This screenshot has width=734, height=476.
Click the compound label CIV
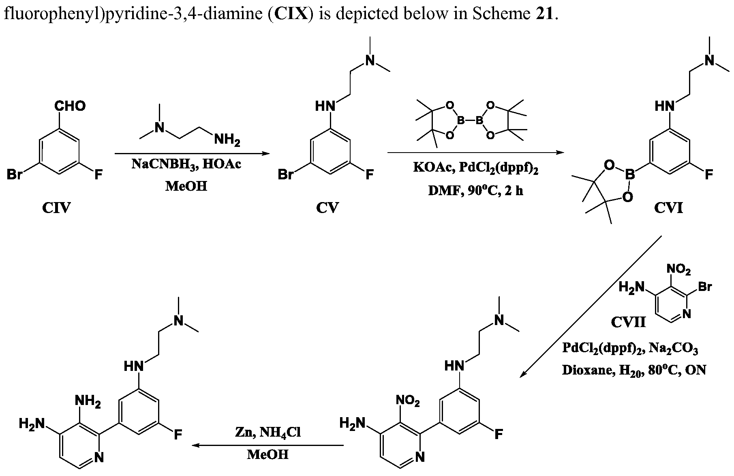56,208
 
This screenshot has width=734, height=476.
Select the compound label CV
327,208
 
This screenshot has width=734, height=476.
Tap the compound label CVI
668,208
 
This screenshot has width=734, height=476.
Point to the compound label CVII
628,322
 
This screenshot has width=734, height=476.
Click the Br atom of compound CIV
15,175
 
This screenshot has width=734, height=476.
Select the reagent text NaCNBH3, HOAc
186,164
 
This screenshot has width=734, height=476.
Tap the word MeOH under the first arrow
186,186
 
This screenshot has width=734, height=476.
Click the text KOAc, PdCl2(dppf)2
475,168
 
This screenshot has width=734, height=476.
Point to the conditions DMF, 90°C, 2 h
475,190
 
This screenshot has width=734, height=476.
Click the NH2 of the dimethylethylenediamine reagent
227,140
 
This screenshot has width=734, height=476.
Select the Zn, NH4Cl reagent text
268,433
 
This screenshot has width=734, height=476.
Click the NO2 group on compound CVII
678,269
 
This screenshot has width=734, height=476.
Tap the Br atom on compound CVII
705,287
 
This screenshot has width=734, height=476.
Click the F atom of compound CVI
708,175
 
